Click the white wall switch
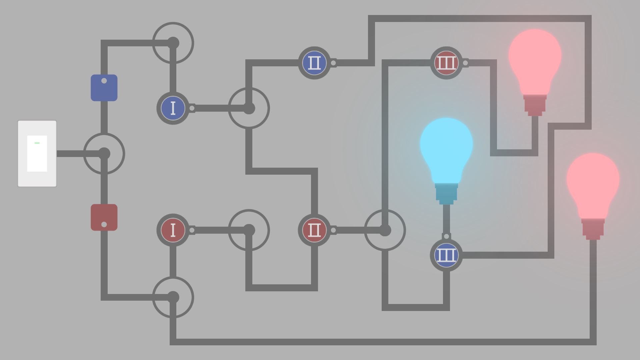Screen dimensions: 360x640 click(37, 154)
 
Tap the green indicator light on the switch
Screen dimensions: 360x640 click(37, 143)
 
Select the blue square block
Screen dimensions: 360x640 click(104, 88)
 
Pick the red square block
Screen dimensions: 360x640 click(104, 217)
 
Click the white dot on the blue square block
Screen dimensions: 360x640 click(104, 81)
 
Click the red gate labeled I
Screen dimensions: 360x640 click(173, 230)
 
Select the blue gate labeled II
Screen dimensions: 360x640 click(314, 63)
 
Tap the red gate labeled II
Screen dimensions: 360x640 click(314, 230)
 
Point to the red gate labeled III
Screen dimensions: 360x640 click(446, 63)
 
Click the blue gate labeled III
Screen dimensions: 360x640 click(446, 255)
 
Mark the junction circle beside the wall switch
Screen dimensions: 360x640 click(104, 154)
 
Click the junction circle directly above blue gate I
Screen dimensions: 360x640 click(173, 43)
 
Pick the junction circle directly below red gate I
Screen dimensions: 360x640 click(173, 297)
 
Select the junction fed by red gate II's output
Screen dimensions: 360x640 click(385, 230)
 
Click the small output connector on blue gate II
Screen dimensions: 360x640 click(333, 63)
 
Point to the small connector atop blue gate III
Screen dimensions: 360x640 click(446, 236)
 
